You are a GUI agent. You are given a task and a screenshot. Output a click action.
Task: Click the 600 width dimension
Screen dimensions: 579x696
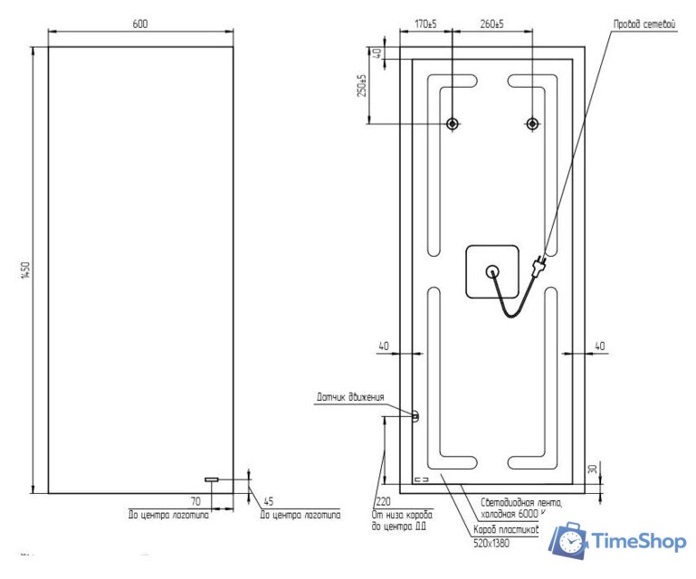140,24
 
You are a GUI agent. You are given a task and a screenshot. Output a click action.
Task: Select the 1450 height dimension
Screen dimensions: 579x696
25,270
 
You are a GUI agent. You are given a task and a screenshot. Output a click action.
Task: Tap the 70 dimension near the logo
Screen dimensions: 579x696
195,499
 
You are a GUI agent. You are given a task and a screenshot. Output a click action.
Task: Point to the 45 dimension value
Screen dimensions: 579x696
268,500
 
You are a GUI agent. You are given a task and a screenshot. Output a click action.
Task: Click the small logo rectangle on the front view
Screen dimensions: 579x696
211,479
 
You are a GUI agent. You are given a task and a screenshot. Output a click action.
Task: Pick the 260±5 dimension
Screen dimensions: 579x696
491,24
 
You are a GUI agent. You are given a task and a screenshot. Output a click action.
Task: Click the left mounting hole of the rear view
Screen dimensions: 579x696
453,123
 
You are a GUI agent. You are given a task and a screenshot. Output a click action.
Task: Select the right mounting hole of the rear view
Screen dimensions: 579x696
531,123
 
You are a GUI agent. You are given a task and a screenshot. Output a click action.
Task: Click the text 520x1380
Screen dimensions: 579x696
491,543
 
